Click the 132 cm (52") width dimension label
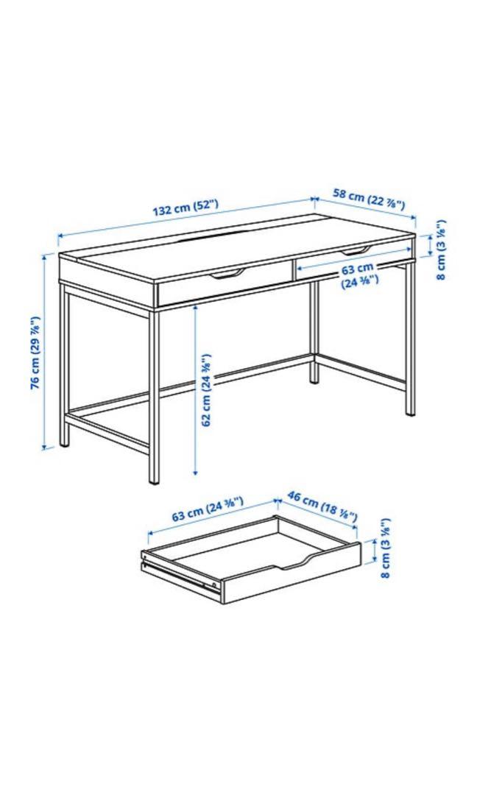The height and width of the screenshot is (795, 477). (185, 209)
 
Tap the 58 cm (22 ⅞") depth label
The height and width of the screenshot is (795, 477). (369, 199)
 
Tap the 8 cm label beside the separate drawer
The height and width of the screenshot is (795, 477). (384, 548)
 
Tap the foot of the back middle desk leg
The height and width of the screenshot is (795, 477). (314, 377)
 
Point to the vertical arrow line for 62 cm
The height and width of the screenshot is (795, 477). (195, 389)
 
